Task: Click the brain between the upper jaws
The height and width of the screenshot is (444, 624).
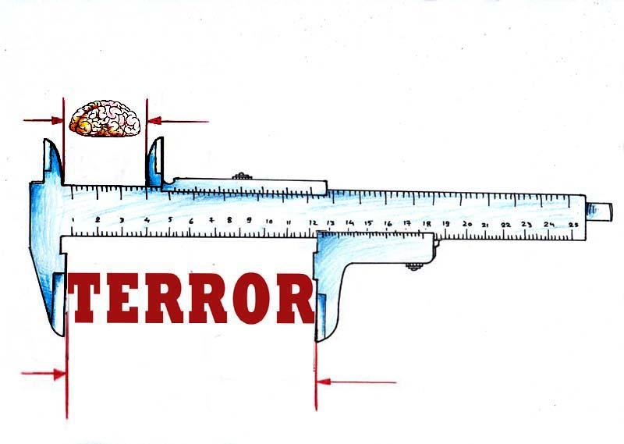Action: click(x=105, y=119)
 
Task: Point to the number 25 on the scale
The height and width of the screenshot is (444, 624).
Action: click(x=573, y=225)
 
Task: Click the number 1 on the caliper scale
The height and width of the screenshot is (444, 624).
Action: click(x=73, y=219)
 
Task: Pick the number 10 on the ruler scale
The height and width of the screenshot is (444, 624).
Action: click(x=269, y=222)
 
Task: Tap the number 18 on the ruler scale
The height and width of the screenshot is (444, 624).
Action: click(x=427, y=224)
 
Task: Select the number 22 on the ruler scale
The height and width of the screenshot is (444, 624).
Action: click(x=505, y=225)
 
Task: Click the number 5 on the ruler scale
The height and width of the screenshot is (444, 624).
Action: click(x=170, y=220)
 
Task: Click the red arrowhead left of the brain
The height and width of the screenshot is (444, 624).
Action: click(x=56, y=120)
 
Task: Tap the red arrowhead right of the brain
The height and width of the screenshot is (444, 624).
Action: click(x=154, y=121)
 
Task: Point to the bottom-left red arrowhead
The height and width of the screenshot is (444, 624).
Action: click(x=60, y=375)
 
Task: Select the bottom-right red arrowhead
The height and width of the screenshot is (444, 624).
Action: click(x=324, y=382)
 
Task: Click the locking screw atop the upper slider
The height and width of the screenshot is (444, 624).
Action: click(x=242, y=176)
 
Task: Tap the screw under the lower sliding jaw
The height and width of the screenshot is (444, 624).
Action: click(x=414, y=266)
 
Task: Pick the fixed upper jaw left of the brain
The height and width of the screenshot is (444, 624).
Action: click(x=54, y=162)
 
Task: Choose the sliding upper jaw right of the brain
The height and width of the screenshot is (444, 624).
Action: click(x=154, y=162)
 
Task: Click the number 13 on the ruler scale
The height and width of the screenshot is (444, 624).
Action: click(x=331, y=222)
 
